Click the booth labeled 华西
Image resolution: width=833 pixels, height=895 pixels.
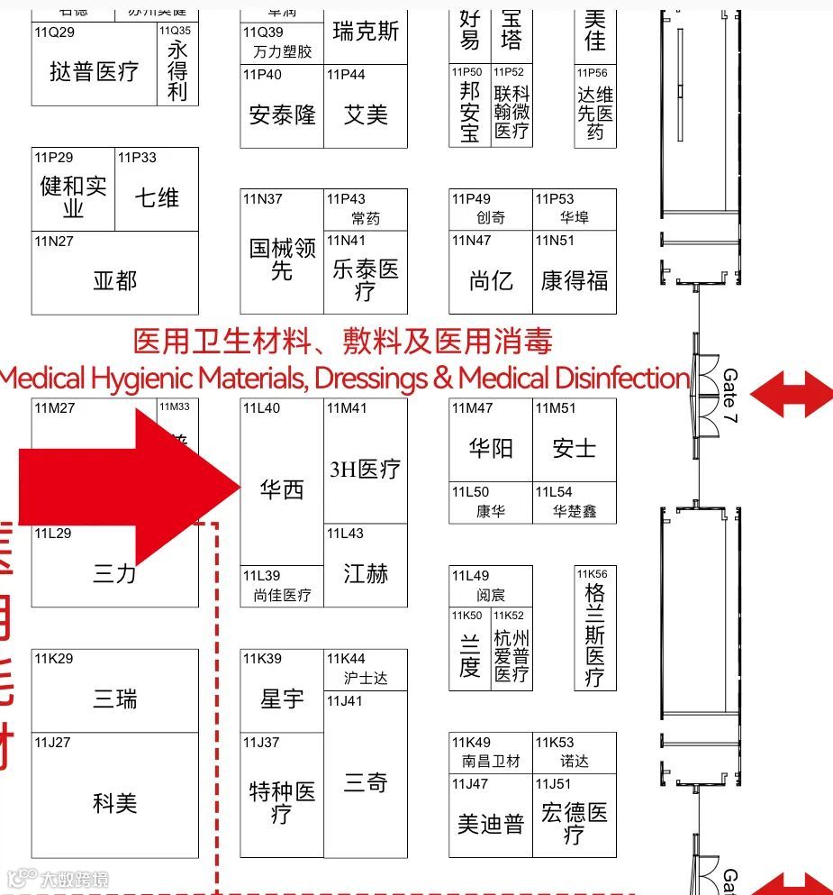(282, 489)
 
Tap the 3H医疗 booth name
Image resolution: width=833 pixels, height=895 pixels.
(365, 469)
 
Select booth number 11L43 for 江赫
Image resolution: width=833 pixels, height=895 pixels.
(345, 534)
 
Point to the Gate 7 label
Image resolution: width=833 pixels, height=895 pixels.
(730, 397)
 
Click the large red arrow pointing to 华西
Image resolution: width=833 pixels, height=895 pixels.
(126, 487)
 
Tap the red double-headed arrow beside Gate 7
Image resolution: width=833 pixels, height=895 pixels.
(791, 394)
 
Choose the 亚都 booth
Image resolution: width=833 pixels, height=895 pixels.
(114, 280)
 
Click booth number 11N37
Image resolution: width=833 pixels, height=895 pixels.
(262, 199)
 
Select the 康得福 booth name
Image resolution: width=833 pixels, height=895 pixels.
(574, 280)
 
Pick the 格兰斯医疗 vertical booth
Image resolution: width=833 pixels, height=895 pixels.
(594, 635)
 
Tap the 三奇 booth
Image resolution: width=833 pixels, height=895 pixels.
(365, 782)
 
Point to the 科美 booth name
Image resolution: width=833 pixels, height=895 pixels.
(114, 802)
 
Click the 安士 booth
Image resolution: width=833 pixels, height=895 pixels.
(574, 448)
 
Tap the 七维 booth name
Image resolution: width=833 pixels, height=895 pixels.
(157, 197)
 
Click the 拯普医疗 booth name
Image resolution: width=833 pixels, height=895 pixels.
(94, 71)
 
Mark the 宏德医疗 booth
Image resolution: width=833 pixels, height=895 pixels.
(574, 823)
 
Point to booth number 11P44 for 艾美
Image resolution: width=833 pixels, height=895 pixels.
(346, 75)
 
